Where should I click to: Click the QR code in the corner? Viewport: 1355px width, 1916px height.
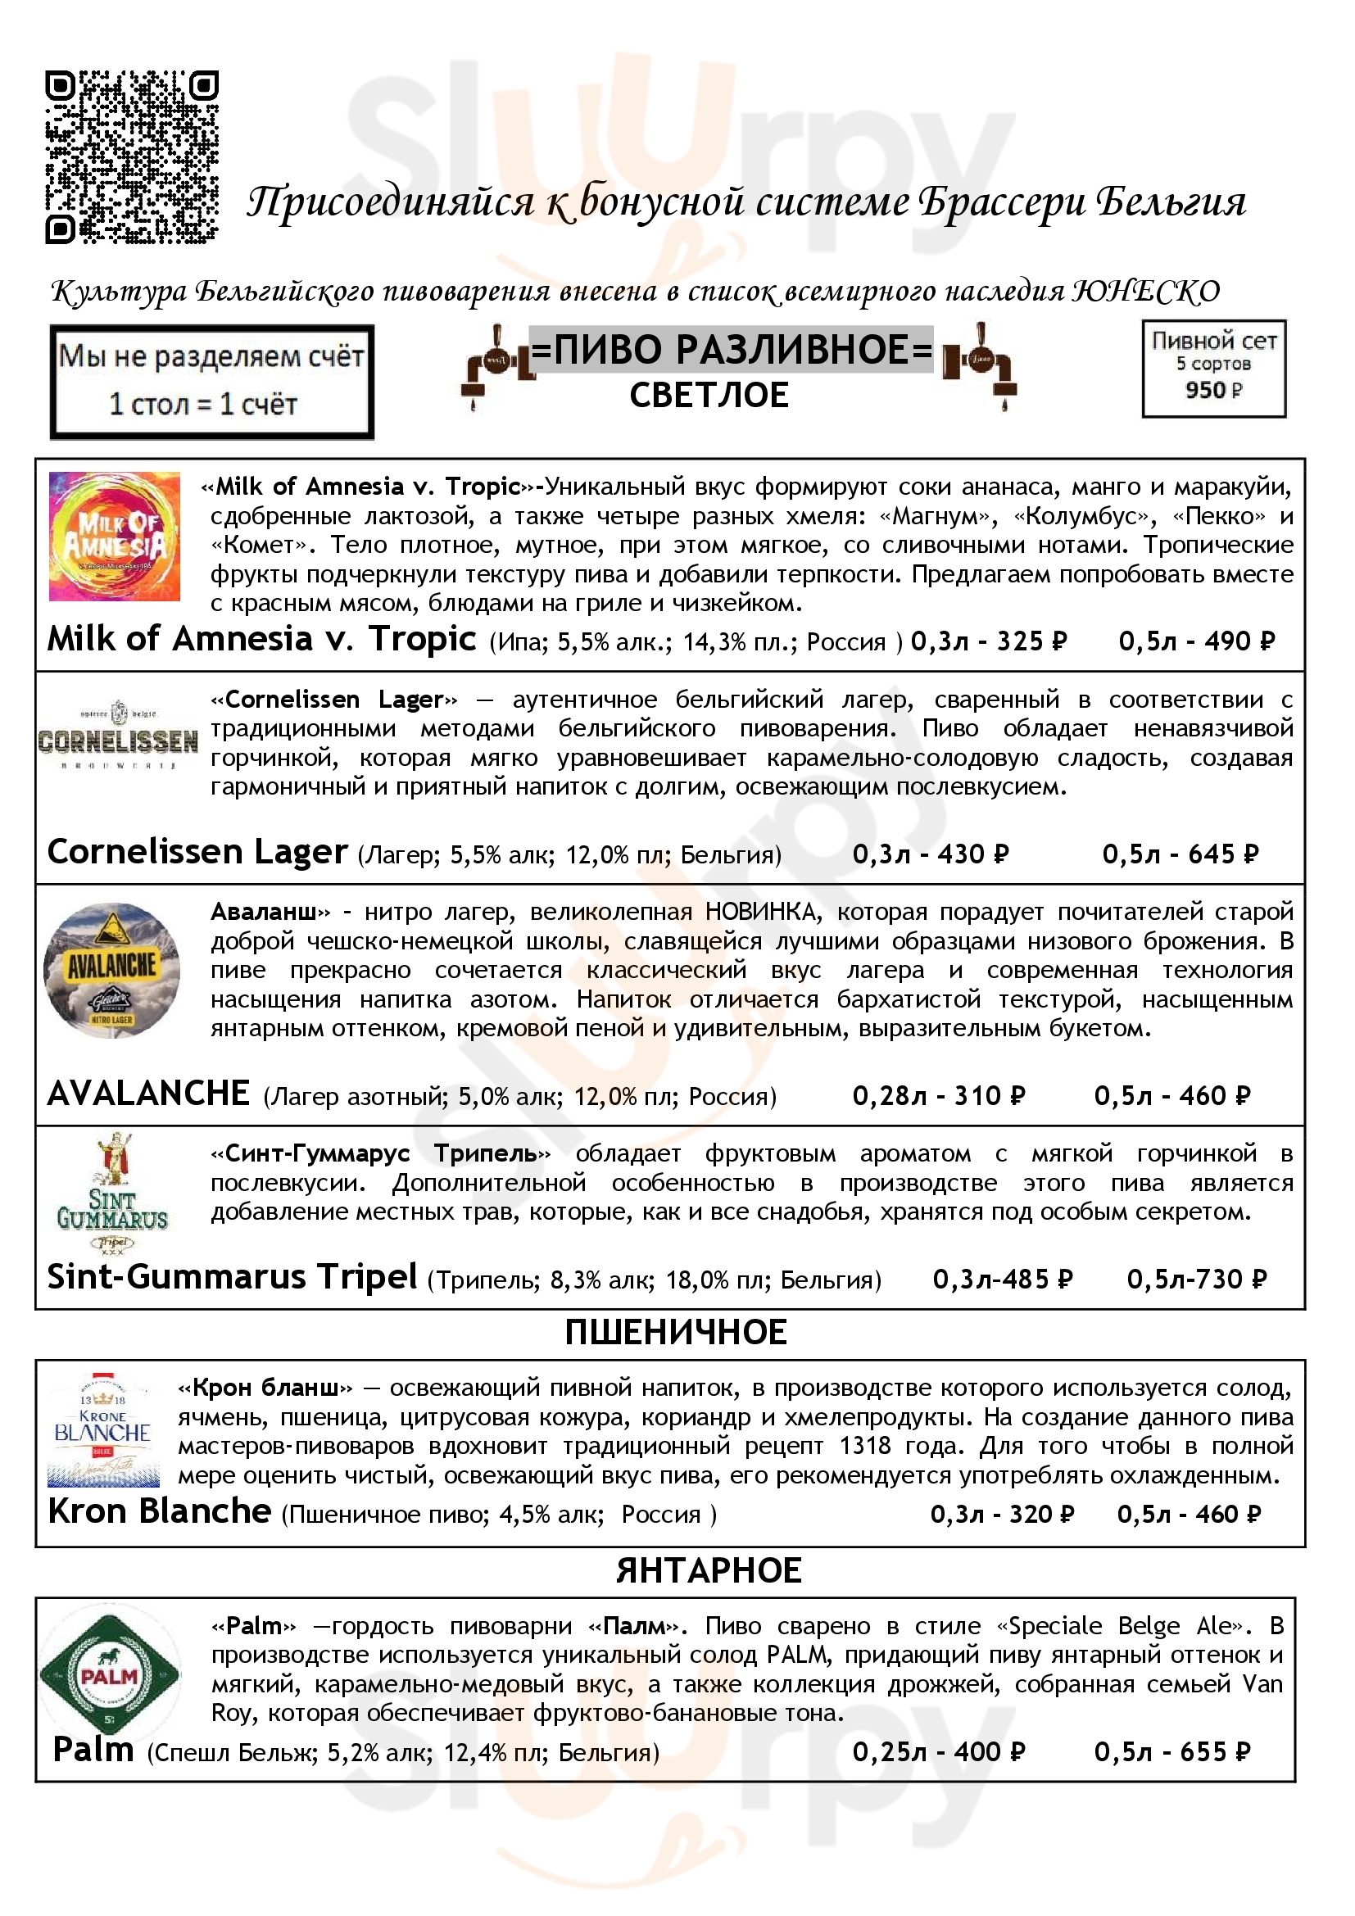pyautogui.click(x=132, y=158)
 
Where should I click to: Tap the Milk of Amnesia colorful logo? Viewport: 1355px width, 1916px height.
pyautogui.click(x=115, y=537)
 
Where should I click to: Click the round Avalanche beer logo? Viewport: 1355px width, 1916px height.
pyautogui.click(x=111, y=971)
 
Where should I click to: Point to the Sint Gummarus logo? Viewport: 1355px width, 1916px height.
pyautogui.click(x=111, y=1194)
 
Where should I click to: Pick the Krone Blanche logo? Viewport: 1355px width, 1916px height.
pyautogui.click(x=102, y=1429)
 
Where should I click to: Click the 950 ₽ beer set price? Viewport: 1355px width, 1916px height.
pyautogui.click(x=1213, y=390)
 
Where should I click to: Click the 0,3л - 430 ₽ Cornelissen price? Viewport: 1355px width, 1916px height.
pyautogui.click(x=931, y=854)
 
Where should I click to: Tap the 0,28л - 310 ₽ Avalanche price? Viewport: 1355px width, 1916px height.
pyautogui.click(x=938, y=1095)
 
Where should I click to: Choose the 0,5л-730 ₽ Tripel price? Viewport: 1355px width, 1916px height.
pyautogui.click(x=1196, y=1279)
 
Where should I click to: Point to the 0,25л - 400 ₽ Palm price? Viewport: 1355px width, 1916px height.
pyautogui.click(x=938, y=1751)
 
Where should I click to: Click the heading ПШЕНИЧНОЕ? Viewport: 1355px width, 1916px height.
pyautogui.click(x=676, y=1333)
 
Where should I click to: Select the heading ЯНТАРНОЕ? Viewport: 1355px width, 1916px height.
pyautogui.click(x=709, y=1570)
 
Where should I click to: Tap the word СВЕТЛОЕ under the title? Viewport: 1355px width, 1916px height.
pyautogui.click(x=709, y=395)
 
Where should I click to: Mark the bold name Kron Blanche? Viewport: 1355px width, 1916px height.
pyautogui.click(x=160, y=1511)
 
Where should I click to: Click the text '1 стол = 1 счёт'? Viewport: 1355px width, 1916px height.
pyautogui.click(x=204, y=404)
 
